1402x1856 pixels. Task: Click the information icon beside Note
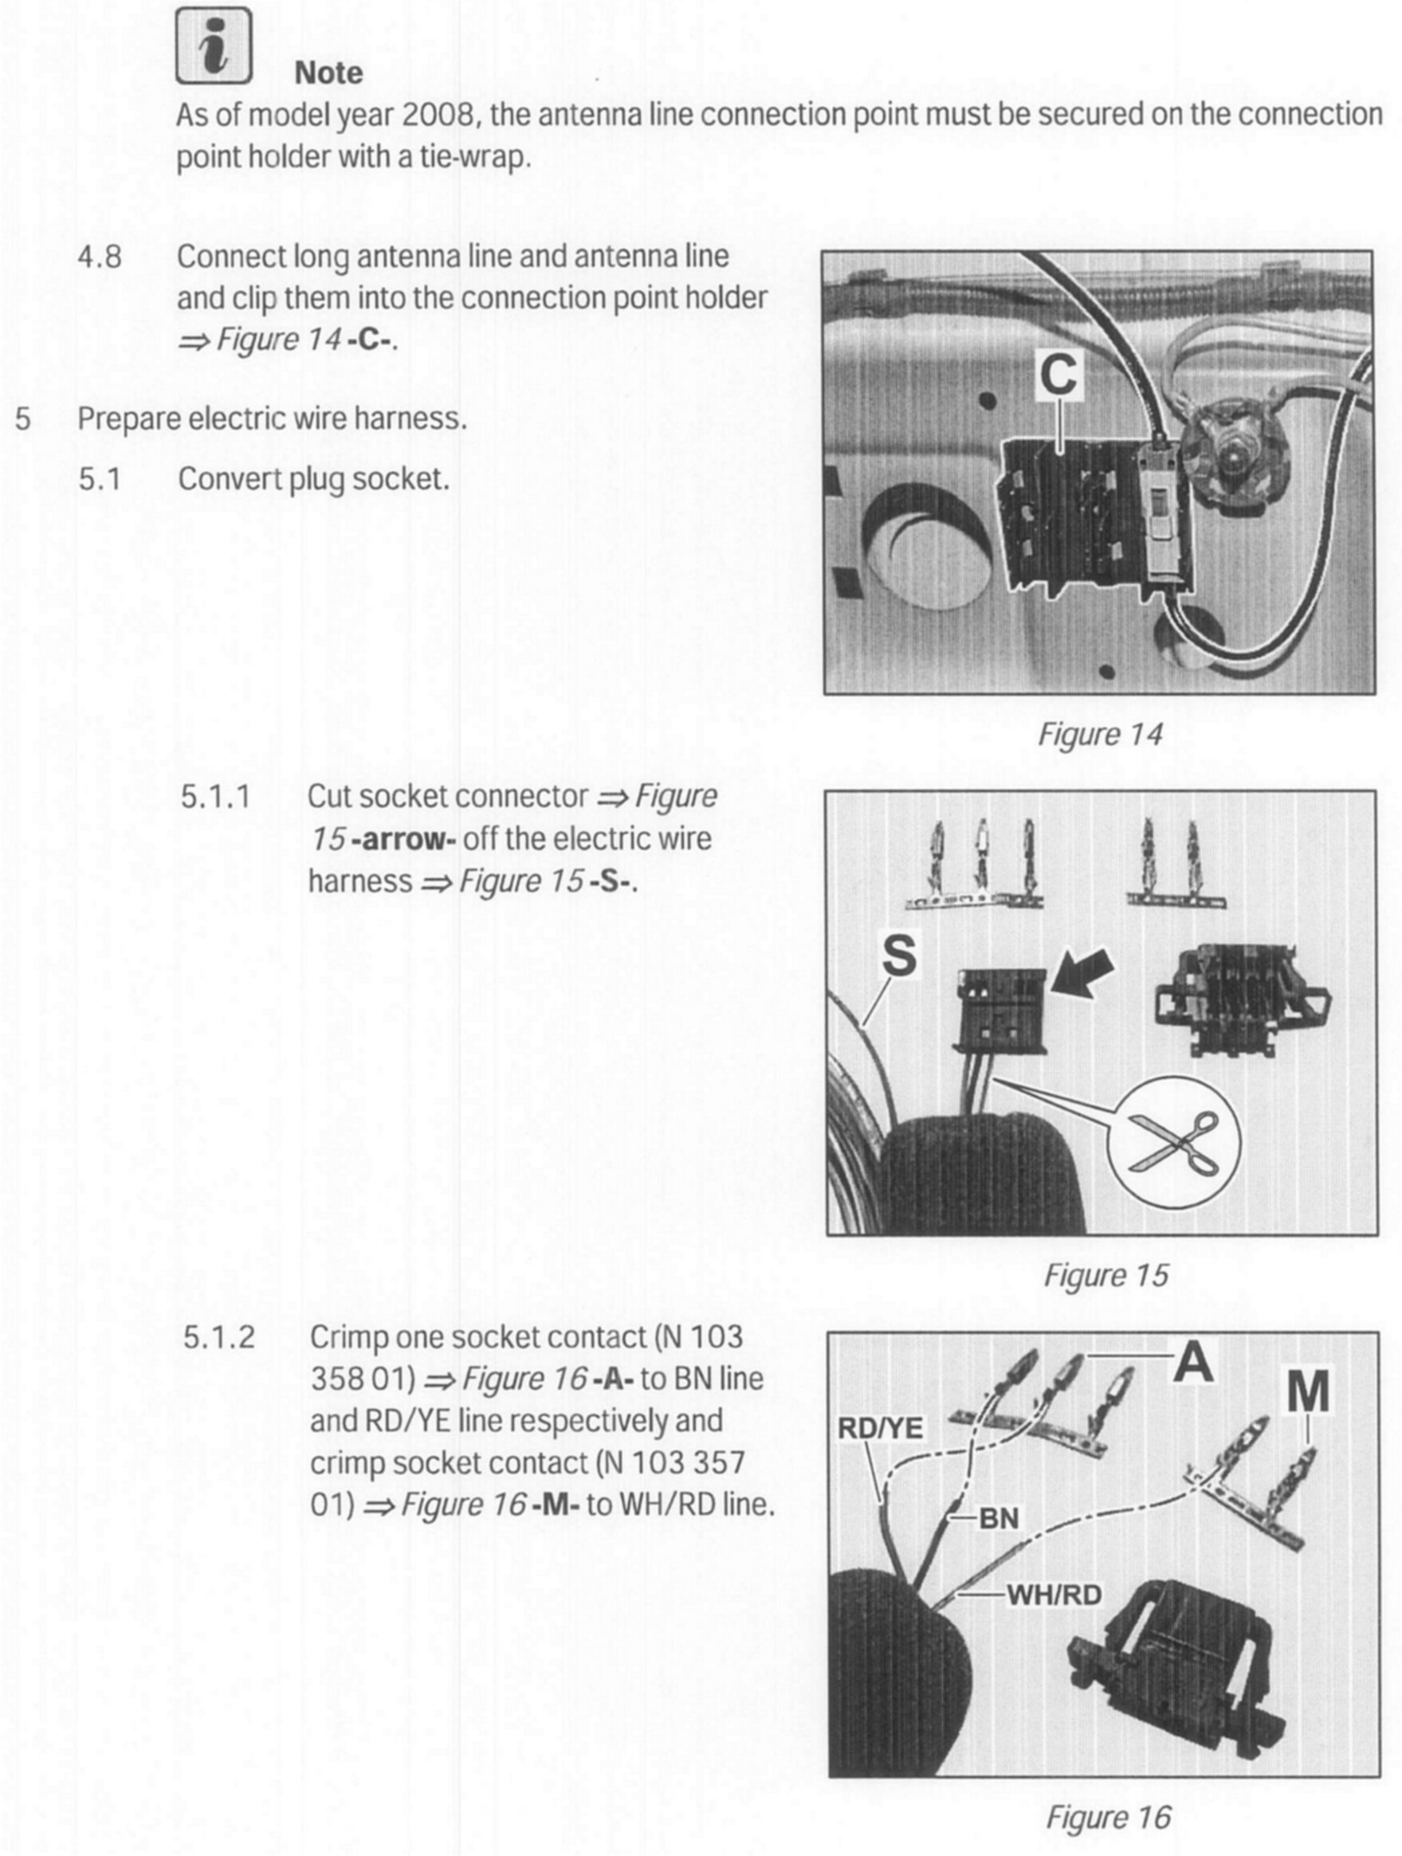[x=214, y=46]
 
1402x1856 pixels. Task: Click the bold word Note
[x=328, y=73]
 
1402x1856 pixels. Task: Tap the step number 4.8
[x=100, y=257]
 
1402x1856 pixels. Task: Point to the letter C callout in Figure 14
[x=1058, y=375]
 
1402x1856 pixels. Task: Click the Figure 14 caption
[x=1099, y=734]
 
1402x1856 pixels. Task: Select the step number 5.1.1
[x=216, y=796]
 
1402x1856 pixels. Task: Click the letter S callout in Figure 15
[x=899, y=955]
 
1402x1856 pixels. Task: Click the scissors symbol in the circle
[x=1174, y=1142]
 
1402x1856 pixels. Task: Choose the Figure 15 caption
[x=1105, y=1275]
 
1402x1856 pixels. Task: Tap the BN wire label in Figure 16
[x=999, y=1517]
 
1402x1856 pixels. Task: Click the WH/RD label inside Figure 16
[x=1054, y=1594]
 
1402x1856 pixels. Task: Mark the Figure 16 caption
[x=1108, y=1817]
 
